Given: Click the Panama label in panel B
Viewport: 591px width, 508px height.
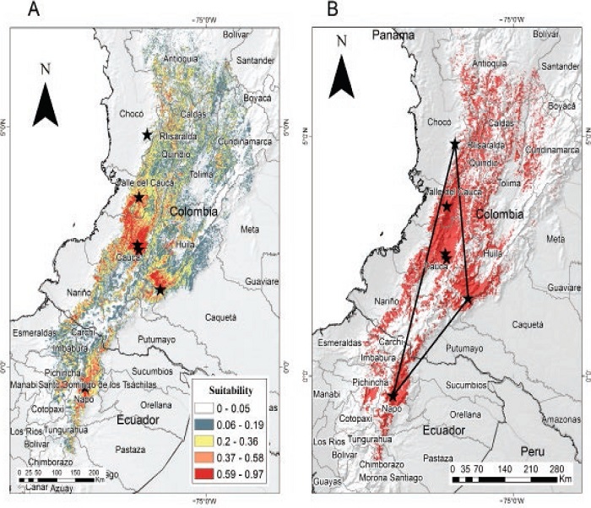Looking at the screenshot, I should click(x=393, y=35).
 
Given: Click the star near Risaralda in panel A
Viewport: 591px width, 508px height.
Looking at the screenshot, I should click(x=147, y=134).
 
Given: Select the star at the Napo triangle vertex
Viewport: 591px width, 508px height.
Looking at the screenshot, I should click(x=393, y=396).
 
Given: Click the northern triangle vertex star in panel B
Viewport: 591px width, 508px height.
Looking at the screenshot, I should click(x=455, y=144).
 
